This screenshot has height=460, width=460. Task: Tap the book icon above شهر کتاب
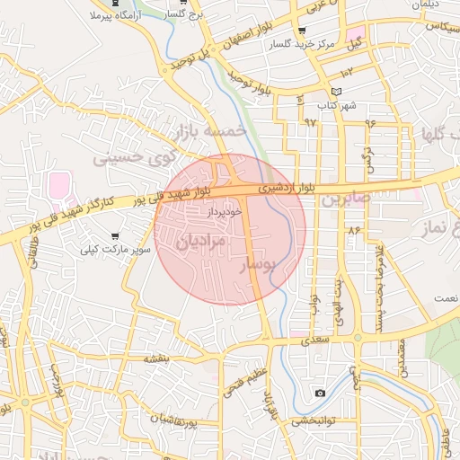[x=337, y=92]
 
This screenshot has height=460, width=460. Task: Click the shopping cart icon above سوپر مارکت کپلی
[x=115, y=235]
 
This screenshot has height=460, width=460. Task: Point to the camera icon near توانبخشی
[x=321, y=393]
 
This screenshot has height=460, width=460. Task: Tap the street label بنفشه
[x=157, y=358]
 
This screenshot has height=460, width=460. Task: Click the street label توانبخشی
[x=312, y=420]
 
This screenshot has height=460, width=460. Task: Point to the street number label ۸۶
[x=353, y=231]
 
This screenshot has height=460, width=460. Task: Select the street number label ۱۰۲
[x=348, y=70]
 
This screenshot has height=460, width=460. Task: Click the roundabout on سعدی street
[x=358, y=339]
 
